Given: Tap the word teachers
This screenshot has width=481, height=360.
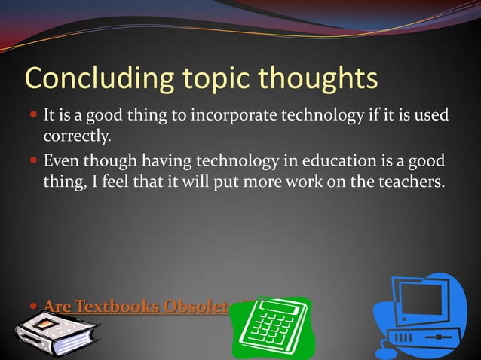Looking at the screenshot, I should pyautogui.click(x=403, y=182).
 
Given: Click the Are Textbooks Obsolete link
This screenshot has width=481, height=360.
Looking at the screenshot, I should pyautogui.click(x=136, y=307).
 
